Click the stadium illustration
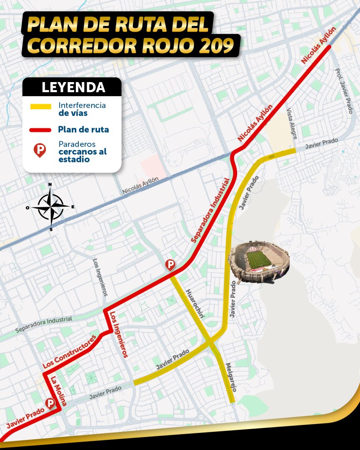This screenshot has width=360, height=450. pyautogui.click(x=259, y=262)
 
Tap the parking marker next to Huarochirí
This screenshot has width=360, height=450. pyautogui.click(x=170, y=265)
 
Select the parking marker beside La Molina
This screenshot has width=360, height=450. pyautogui.click(x=50, y=403)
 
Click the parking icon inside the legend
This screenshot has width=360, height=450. pyautogui.click(x=40, y=150)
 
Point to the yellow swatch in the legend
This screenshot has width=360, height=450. pyautogui.click(x=40, y=107)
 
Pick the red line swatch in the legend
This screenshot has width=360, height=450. pyautogui.click(x=40, y=130)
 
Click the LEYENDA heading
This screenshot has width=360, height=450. pyautogui.click(x=73, y=87)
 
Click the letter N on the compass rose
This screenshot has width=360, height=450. pyautogui.click(x=50, y=185)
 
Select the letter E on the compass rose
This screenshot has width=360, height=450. pyautogui.click(x=73, y=207)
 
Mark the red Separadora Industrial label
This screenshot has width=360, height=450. pyautogui.click(x=211, y=210)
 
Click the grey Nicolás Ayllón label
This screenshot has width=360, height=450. pyautogui.click(x=140, y=185)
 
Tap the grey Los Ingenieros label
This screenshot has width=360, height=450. pyautogui.click(x=100, y=277)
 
